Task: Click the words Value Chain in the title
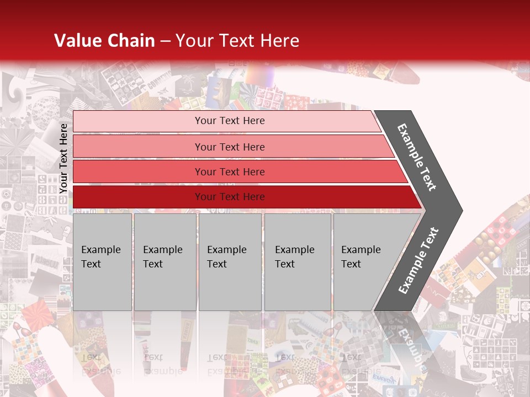[104, 41]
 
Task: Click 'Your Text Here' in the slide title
[237, 41]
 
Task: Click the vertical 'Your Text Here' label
[64, 158]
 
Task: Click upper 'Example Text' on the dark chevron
[417, 157]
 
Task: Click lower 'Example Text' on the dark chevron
[418, 261]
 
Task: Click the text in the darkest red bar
[230, 197]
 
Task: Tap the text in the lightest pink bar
[230, 121]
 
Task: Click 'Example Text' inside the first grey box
[100, 257]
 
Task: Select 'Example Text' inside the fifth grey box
[361, 257]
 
